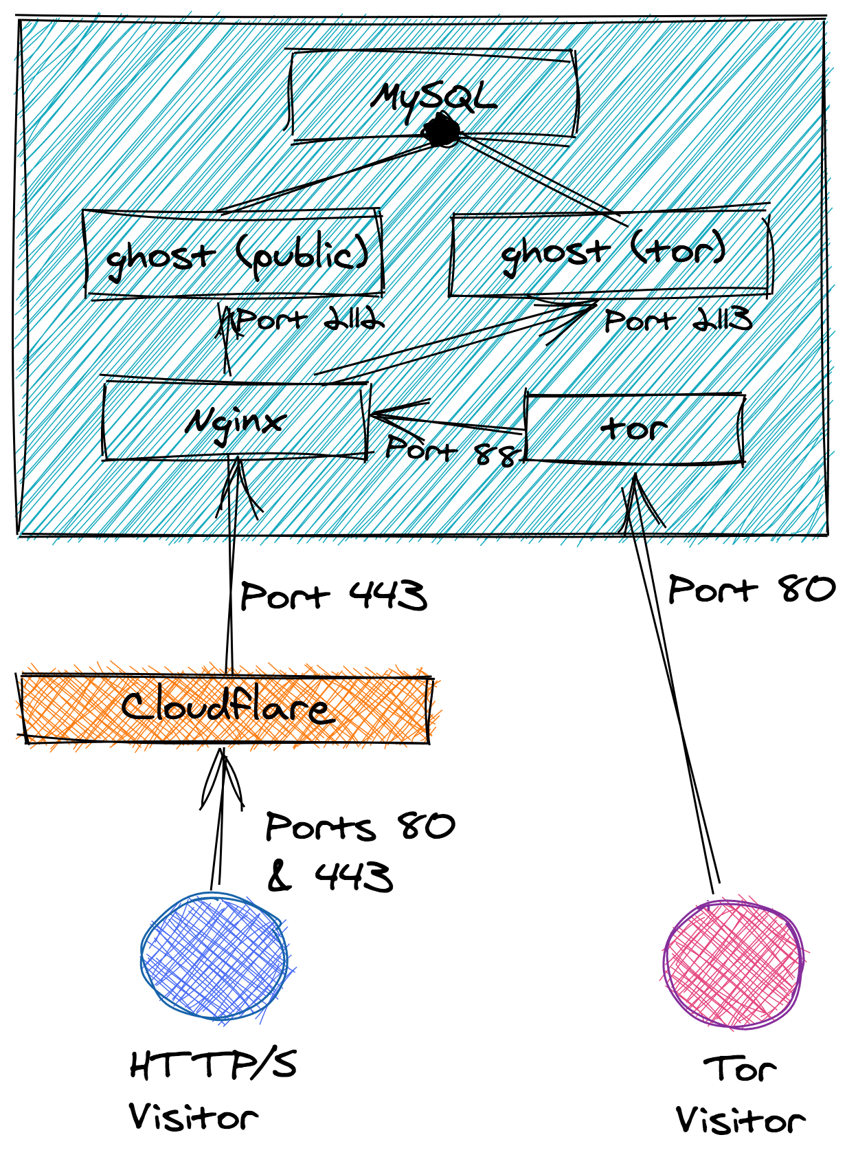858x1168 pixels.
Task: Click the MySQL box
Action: coord(433,96)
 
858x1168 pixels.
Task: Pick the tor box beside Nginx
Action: coord(633,429)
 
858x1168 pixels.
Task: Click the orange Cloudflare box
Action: coord(225,708)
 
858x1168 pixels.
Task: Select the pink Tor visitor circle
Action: coord(733,962)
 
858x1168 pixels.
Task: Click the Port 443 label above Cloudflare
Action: coord(334,595)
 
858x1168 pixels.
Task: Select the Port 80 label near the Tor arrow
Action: coord(751,590)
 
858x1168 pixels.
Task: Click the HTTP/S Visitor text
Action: coord(212,1090)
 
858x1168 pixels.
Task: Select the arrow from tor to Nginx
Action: coord(447,421)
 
